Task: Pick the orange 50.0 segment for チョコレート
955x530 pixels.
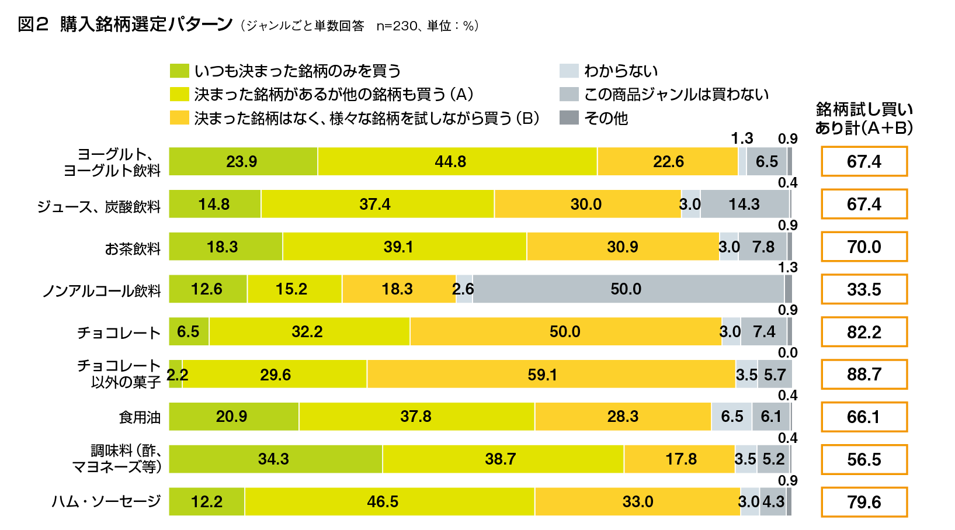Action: click(x=565, y=332)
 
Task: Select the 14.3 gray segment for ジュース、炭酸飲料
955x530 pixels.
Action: click(x=745, y=204)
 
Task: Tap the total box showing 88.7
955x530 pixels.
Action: click(x=864, y=374)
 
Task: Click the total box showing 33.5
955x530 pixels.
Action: click(x=864, y=289)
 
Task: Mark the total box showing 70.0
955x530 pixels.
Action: click(x=864, y=247)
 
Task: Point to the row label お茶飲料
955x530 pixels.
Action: click(x=133, y=249)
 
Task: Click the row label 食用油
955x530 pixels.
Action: click(x=140, y=417)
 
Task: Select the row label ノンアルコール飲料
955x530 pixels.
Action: click(x=102, y=291)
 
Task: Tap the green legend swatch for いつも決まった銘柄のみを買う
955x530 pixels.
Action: click(x=179, y=71)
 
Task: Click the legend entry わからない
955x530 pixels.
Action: click(x=621, y=71)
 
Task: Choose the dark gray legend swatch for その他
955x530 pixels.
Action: click(x=569, y=118)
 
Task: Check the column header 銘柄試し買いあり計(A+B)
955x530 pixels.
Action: click(x=864, y=119)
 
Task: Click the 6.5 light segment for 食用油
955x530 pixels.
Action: click(x=731, y=416)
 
